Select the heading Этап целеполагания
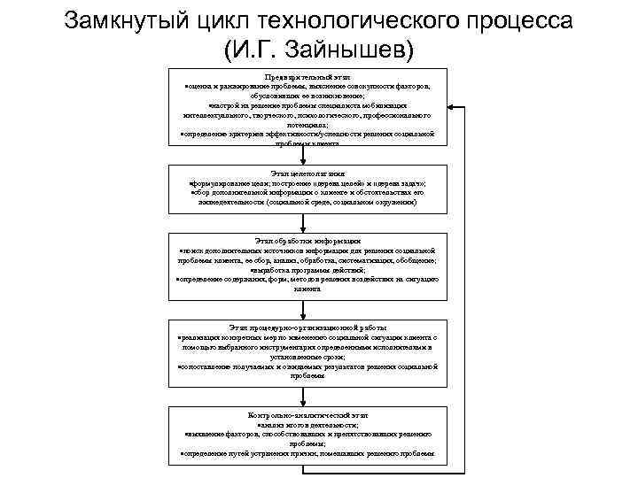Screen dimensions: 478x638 (x=306, y=173)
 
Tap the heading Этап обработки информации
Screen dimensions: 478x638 (x=306, y=241)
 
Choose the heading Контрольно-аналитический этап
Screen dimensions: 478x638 (x=306, y=414)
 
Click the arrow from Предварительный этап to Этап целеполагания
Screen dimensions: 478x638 (x=306, y=156)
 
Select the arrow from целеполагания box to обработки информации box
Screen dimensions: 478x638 (x=306, y=222)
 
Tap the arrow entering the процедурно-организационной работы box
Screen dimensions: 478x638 (x=306, y=310)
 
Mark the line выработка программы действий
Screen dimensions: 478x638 (x=306, y=270)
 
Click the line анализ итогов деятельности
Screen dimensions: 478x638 (x=306, y=426)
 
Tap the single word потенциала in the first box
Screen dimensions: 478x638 (x=306, y=125)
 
